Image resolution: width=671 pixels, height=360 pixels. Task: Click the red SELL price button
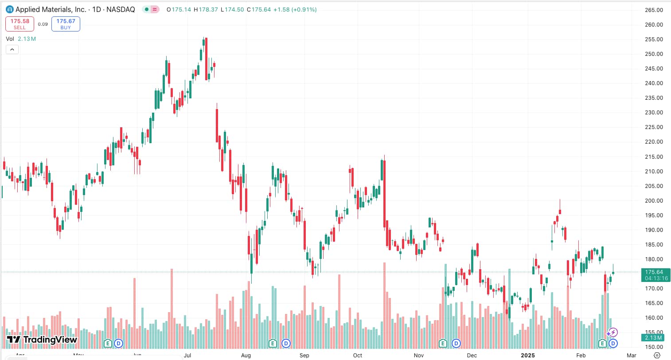[20, 24]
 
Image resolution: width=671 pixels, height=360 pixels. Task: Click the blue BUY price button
[66, 24]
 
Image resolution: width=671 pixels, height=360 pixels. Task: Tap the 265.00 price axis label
[654, 10]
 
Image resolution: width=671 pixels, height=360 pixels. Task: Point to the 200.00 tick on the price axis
[654, 200]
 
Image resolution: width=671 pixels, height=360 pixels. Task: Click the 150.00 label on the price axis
[654, 347]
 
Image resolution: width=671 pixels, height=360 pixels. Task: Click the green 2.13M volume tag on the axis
[654, 338]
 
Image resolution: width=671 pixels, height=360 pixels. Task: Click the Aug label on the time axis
[246, 355]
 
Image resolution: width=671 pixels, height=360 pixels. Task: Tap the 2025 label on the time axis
[527, 355]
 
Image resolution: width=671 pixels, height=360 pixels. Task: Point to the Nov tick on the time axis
[418, 355]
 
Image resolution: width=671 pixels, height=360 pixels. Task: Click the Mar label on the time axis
[632, 355]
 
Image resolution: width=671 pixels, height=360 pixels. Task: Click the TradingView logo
[42, 340]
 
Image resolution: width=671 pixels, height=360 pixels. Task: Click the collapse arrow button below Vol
[12, 49]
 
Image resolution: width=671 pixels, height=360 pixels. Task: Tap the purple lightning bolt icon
[613, 332]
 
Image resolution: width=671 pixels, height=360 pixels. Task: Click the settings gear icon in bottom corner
[657, 355]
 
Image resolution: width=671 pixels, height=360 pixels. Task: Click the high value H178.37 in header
[206, 9]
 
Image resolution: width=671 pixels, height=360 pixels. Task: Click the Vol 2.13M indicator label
[20, 39]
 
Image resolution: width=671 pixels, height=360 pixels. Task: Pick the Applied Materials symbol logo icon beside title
[9, 9]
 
